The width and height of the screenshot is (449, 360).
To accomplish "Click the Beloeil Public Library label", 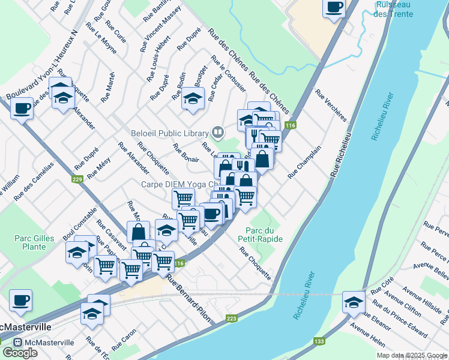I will (x=169, y=133).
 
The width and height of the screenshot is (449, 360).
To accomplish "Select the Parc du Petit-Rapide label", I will (x=264, y=235).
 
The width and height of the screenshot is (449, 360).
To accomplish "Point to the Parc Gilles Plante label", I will (x=31, y=242).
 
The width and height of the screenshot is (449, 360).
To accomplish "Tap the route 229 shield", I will (x=77, y=179).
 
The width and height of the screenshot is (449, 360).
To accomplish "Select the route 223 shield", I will (x=231, y=319).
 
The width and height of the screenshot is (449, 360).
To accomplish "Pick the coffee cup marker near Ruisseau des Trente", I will (x=334, y=8).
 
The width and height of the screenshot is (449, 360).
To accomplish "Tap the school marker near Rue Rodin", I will (x=193, y=99).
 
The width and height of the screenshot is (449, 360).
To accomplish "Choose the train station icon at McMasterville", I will (x=18, y=343).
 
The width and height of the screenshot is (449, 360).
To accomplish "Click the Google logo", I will (x=20, y=353).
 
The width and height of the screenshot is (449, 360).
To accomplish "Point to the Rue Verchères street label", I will (x=331, y=106).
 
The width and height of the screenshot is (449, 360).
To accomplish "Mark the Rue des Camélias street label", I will (x=34, y=181).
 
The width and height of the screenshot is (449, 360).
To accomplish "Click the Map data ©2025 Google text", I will (x=411, y=355).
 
